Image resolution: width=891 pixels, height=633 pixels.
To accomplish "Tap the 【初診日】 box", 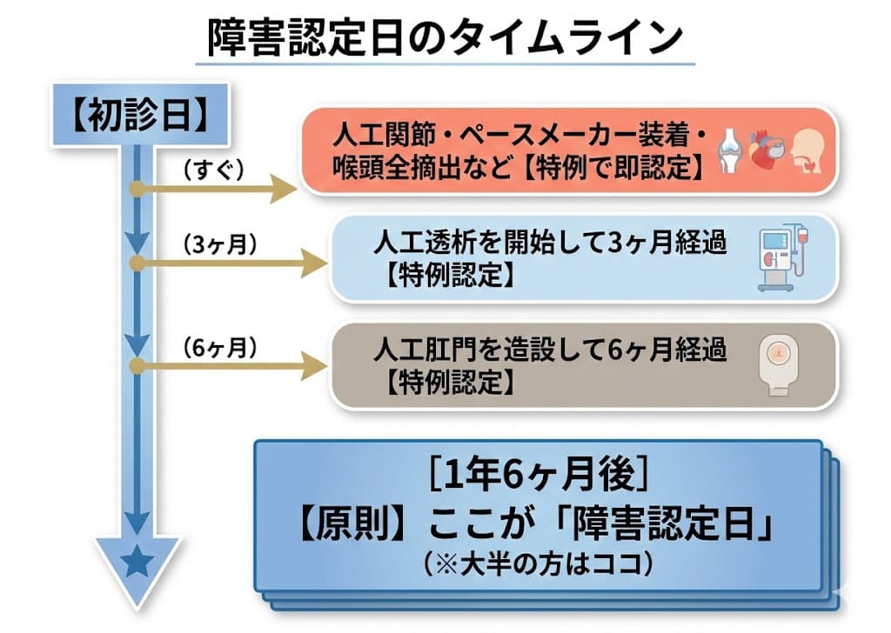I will [139, 116].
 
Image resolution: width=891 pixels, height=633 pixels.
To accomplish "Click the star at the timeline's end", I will [136, 564].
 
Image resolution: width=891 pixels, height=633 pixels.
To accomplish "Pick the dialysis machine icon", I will [780, 258].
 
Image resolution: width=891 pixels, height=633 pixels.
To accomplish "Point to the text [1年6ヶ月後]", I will [539, 474].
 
